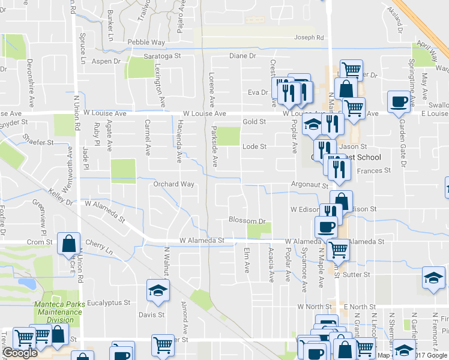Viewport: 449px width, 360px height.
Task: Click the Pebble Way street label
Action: pos(146,43)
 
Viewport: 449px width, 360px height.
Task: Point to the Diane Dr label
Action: pos(243,56)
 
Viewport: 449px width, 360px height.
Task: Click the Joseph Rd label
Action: pos(309,38)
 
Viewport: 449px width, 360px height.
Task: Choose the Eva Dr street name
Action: pos(257,92)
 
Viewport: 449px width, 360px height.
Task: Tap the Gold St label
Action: pos(254,122)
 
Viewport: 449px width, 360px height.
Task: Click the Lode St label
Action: pos(254,146)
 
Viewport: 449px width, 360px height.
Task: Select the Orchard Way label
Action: pos(174,184)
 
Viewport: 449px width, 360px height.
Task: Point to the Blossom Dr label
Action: pos(247,221)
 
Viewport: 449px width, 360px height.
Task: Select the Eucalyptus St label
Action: pos(109,304)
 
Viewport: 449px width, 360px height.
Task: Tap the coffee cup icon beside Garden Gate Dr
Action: pos(399,101)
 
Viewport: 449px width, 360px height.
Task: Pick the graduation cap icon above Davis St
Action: pos(158,291)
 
